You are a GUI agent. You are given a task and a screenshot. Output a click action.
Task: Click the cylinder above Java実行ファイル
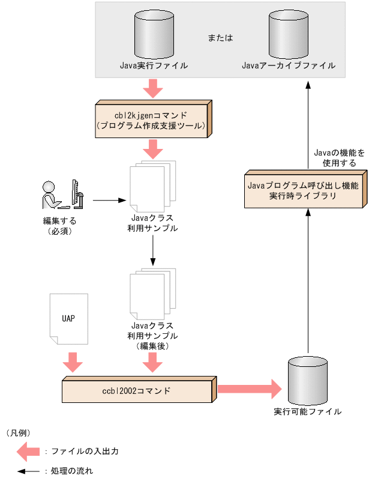pyautogui.click(x=154, y=33)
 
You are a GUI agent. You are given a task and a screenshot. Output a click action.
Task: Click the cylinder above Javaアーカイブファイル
pyautogui.click(x=289, y=33)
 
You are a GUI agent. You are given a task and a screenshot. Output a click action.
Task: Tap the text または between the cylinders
pyautogui.click(x=220, y=37)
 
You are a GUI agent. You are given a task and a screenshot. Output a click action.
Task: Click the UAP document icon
pyautogui.click(x=68, y=319)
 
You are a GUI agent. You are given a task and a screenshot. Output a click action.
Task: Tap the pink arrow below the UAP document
pyautogui.click(x=73, y=362)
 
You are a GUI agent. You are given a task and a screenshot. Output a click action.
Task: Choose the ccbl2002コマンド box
pyautogui.click(x=138, y=391)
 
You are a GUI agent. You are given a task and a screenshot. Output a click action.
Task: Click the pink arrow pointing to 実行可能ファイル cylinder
pyautogui.click(x=249, y=389)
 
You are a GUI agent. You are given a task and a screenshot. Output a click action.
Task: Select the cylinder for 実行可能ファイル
pyautogui.click(x=308, y=380)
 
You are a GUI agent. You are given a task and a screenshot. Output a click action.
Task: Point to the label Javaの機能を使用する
pyautogui.click(x=339, y=158)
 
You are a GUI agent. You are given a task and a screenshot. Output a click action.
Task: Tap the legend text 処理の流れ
pyautogui.click(x=72, y=471)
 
